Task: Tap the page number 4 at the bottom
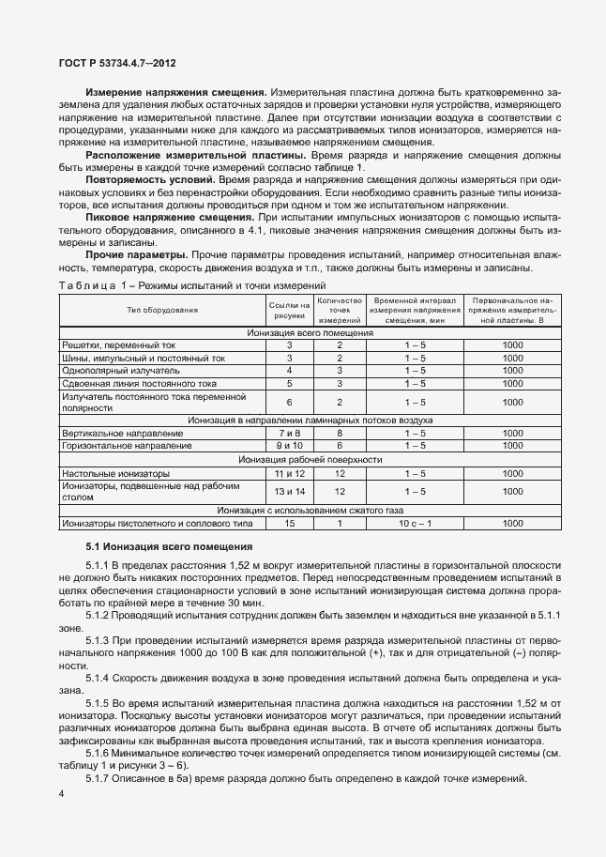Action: coord(61,795)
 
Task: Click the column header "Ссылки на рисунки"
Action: coord(290,310)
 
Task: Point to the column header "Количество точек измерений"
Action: coord(340,311)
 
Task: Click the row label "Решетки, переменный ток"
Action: coord(110,344)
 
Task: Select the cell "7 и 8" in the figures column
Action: coord(290,434)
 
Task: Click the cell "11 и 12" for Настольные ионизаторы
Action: coord(290,473)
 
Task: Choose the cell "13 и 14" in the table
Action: coord(290,491)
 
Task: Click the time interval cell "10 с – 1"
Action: coord(415,523)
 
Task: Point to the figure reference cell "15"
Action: coord(290,523)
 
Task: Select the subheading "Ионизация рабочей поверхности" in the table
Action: coord(311,460)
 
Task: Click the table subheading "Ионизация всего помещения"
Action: coord(311,332)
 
